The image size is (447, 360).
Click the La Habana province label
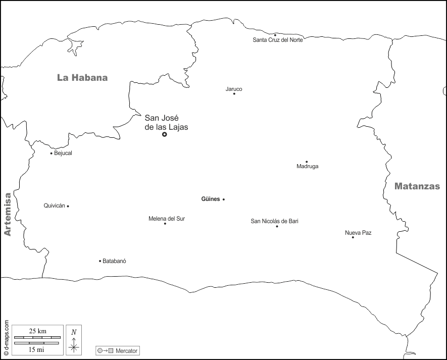click(82, 78)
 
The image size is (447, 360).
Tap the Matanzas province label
click(417, 186)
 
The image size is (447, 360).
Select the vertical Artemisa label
click(7, 214)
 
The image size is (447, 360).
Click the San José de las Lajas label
click(166, 123)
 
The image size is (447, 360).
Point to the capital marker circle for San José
click(164, 134)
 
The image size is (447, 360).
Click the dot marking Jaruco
click(234, 93)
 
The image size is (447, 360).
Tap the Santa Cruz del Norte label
click(278, 40)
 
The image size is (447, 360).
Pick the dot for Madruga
click(307, 162)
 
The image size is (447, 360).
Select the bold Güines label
click(211, 199)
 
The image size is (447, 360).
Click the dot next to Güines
click(224, 199)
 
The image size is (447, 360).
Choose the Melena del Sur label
click(167, 219)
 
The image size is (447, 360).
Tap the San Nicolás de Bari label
click(278, 221)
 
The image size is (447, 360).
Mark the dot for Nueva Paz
click(353, 237)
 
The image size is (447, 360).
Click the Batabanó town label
click(114, 261)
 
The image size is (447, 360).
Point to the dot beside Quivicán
click(68, 206)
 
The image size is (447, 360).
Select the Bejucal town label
click(63, 153)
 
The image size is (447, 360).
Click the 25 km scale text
click(37, 331)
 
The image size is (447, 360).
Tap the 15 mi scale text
click(36, 349)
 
